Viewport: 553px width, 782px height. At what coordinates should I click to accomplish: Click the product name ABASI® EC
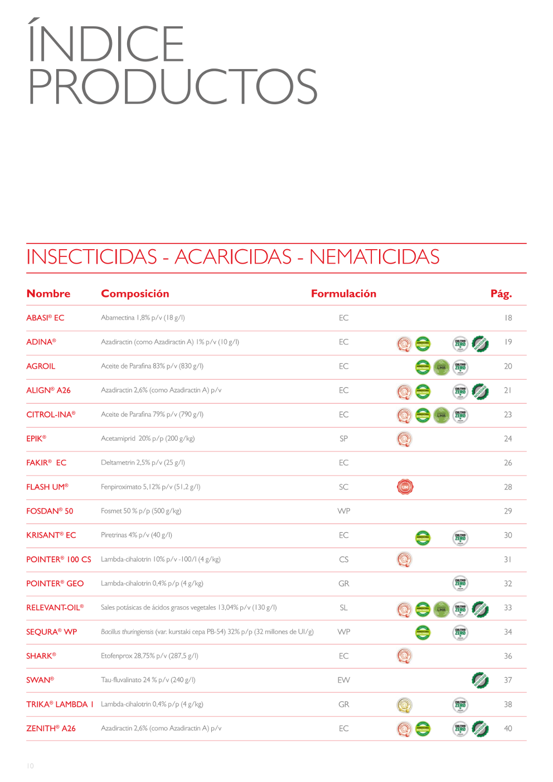point(45,318)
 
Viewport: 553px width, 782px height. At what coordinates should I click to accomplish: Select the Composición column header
point(135,294)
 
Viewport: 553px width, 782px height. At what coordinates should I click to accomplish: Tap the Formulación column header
point(343,294)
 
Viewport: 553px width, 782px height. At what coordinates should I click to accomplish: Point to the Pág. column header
point(501,294)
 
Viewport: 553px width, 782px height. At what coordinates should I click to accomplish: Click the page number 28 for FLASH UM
point(508,487)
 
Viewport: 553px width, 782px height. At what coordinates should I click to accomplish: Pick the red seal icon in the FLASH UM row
point(405,487)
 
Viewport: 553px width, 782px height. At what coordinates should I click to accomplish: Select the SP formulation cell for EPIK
point(343,439)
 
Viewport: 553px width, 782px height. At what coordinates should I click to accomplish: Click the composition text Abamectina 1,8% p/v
point(143,318)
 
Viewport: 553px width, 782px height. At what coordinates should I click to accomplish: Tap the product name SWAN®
point(40,680)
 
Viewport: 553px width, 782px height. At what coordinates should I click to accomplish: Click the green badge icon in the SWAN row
point(480,680)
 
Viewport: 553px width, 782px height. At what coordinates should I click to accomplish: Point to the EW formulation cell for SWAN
point(343,680)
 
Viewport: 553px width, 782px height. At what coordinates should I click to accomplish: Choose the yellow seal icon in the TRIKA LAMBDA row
point(405,705)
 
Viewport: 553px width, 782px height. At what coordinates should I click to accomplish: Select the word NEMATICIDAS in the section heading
point(374,257)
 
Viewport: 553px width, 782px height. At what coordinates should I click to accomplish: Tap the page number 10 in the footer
point(30,766)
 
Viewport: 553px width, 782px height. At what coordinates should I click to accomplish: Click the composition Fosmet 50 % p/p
point(141,511)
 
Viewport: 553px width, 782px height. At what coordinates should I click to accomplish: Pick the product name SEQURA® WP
point(51,632)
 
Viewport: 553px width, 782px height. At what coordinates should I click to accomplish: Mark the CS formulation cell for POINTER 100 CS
point(343,560)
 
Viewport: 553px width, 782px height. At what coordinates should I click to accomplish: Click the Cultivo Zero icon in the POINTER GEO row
point(460,584)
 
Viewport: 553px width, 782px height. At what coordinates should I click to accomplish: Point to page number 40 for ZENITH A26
point(508,728)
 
